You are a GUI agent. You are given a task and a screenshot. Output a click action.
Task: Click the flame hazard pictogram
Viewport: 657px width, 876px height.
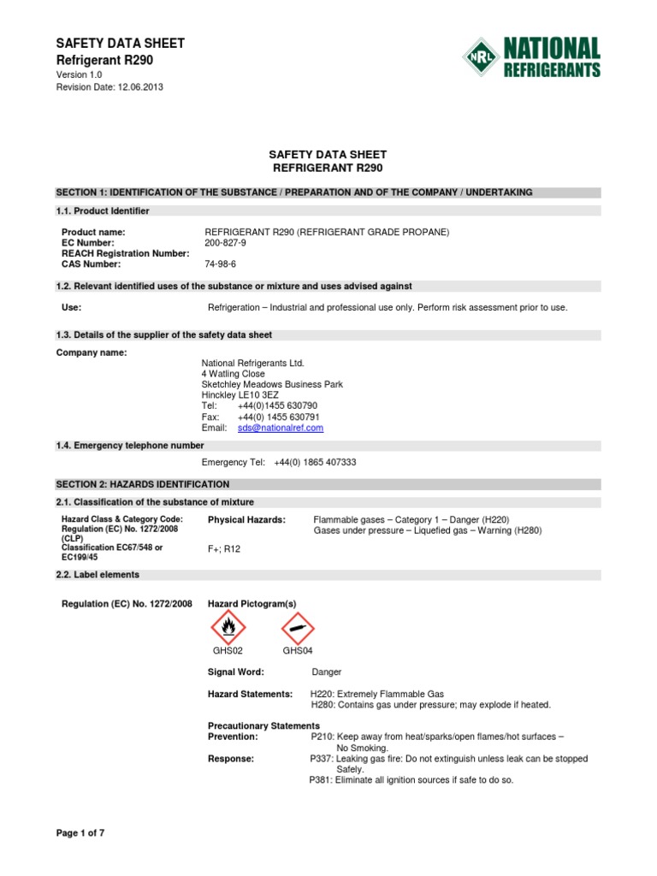(228, 630)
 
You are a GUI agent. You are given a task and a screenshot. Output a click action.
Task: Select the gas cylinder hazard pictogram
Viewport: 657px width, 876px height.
(297, 630)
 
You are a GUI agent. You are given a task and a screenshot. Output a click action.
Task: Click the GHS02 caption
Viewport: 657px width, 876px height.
(228, 651)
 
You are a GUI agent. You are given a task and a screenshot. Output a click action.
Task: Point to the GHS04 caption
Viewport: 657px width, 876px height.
(297, 651)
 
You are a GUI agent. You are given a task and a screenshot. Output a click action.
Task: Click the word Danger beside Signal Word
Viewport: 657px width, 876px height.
(326, 672)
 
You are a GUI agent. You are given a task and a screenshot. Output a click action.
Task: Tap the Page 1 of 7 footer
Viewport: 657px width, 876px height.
(80, 832)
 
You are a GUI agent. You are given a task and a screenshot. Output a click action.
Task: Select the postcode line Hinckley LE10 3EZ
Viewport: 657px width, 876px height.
(240, 395)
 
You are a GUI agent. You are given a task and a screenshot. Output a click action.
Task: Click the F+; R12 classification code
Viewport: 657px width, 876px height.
(224, 549)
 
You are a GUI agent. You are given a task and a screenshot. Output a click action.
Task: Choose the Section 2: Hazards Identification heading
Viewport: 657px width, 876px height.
(143, 484)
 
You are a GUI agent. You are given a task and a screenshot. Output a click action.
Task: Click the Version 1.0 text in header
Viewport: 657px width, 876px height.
(79, 75)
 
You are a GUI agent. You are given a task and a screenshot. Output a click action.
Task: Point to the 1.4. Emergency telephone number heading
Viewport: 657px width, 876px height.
(130, 446)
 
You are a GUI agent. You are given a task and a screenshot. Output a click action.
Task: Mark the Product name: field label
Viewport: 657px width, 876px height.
(93, 233)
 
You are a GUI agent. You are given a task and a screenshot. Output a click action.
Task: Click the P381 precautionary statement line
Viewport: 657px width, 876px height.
(411, 780)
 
